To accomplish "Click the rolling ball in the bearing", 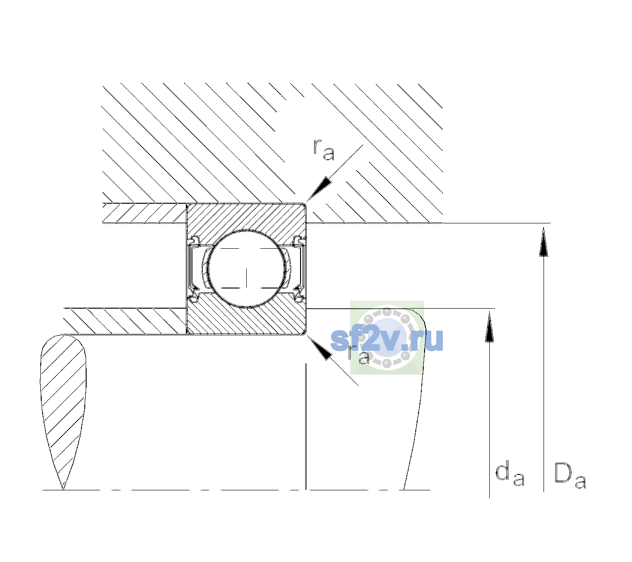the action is (x=246, y=269).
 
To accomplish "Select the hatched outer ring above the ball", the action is (x=246, y=218).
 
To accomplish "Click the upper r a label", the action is (x=323, y=150).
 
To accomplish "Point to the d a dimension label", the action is (x=510, y=473).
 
